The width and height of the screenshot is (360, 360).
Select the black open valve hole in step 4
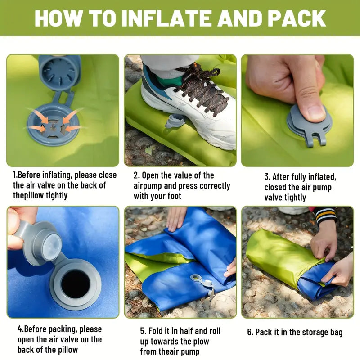click(75, 284)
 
